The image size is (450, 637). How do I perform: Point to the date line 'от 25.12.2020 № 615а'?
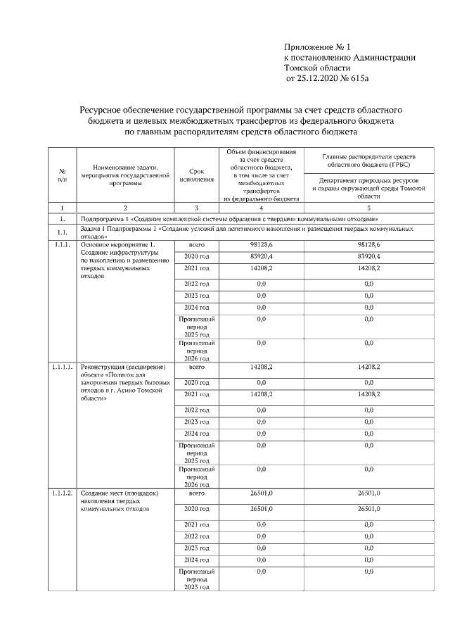(326, 79)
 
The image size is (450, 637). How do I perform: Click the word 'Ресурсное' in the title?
(103, 111)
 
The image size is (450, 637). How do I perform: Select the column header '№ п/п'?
(62, 175)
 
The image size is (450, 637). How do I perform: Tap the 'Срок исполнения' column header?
(196, 175)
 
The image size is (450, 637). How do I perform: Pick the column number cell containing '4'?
(261, 208)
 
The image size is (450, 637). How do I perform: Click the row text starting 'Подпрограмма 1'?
(233, 219)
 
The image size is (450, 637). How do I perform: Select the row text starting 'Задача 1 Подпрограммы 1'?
(246, 232)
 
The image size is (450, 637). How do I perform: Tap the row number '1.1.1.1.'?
(62, 367)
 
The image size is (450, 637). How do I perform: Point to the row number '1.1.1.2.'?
(62, 494)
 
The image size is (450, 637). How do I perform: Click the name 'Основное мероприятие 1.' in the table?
(116, 244)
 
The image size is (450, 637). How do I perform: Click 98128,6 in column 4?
(261, 244)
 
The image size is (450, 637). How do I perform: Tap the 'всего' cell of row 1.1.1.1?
(196, 367)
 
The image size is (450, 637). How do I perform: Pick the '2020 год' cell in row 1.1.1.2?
(196, 508)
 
